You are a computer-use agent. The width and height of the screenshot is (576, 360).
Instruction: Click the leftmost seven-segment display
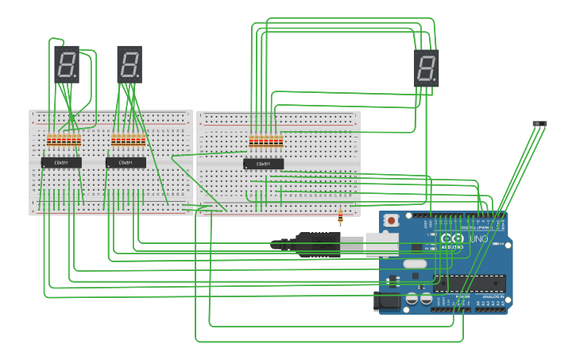tap(67, 64)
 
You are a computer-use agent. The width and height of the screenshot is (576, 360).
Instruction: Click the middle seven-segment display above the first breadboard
tap(130, 64)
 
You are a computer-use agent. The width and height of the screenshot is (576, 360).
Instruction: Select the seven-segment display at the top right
tap(427, 68)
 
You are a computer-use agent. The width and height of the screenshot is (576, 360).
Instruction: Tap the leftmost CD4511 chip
tap(61, 163)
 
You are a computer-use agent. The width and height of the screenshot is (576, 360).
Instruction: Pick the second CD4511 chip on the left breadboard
tap(126, 163)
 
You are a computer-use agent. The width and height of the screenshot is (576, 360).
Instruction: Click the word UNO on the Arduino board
tap(479, 238)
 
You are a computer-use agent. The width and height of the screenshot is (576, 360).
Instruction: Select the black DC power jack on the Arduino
tap(387, 301)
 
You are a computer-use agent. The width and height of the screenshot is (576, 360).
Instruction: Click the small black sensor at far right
tap(539, 123)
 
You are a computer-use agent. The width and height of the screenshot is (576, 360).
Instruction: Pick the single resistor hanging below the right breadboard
tap(341, 215)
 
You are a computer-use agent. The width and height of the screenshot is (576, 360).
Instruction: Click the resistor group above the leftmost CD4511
tap(64, 141)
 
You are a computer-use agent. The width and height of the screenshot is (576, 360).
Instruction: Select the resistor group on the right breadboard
tap(266, 142)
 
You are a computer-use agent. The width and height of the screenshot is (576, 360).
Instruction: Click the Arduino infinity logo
tap(451, 238)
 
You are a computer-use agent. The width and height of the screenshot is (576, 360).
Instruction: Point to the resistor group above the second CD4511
tap(128, 141)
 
